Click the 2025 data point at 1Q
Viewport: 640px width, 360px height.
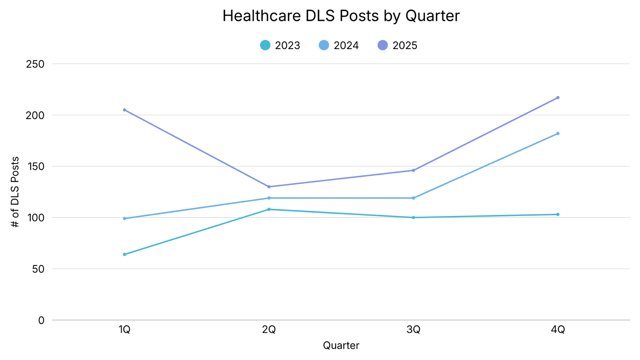(x=124, y=110)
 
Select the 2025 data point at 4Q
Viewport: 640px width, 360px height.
(x=558, y=98)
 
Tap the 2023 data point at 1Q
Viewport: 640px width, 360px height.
(x=124, y=254)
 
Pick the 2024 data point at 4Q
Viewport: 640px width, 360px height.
(x=558, y=134)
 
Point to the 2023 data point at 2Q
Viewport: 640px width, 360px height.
(x=269, y=209)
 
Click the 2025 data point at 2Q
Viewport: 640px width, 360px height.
(x=269, y=187)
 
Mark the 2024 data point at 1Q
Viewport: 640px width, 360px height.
(x=124, y=218)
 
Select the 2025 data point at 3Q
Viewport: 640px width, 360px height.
(x=413, y=170)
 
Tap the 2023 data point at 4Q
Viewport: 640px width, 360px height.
(x=558, y=214)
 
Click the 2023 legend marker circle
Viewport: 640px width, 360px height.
(x=265, y=45)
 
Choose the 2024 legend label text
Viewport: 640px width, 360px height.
(x=346, y=46)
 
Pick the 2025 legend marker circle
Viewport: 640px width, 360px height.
(x=382, y=45)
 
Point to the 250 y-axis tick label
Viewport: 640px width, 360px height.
(x=35, y=64)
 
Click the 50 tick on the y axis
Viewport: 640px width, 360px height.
(x=38, y=269)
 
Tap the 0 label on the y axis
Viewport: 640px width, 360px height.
(x=41, y=320)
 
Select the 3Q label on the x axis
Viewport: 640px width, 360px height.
(x=413, y=330)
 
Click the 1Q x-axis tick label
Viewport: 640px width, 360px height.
(x=124, y=330)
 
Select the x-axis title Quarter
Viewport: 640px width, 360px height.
(x=341, y=346)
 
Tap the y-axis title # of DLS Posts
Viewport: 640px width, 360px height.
(x=15, y=192)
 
